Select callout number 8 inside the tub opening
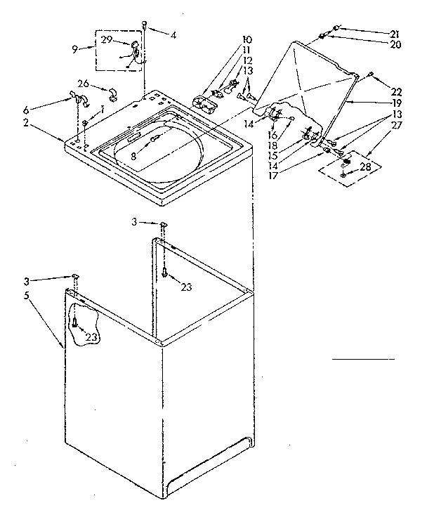[134, 158]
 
